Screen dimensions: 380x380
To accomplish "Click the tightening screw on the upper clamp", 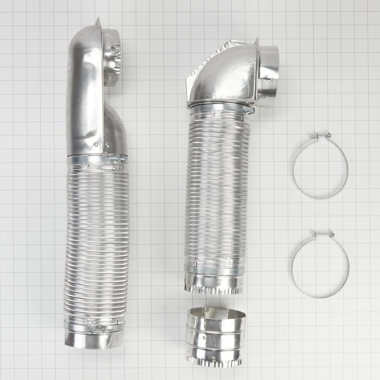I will click(320, 135).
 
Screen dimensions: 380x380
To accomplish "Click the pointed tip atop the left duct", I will click(98, 19).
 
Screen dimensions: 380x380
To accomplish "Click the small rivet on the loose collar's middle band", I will click(204, 337).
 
